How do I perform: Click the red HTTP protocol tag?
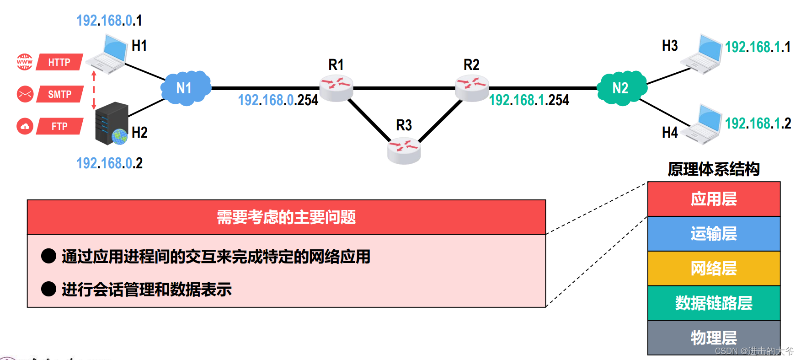(x=59, y=62)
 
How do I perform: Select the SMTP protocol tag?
(x=59, y=94)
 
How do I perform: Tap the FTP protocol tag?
(x=59, y=126)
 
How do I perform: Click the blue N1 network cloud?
(x=185, y=88)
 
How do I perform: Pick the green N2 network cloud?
(x=621, y=88)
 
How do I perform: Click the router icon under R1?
(x=336, y=87)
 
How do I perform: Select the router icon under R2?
(x=472, y=87)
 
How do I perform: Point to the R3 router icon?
(x=404, y=151)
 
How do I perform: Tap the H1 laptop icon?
(x=108, y=55)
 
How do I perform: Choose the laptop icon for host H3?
(x=702, y=54)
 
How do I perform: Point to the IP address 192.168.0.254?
(x=278, y=100)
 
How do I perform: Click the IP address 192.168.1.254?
(x=529, y=100)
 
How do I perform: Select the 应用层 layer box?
(x=714, y=199)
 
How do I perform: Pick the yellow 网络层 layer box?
(x=714, y=269)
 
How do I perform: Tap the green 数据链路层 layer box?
(x=714, y=303)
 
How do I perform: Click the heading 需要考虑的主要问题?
(x=286, y=217)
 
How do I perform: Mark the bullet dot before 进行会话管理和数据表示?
(x=48, y=289)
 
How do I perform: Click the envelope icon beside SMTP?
(x=25, y=94)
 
